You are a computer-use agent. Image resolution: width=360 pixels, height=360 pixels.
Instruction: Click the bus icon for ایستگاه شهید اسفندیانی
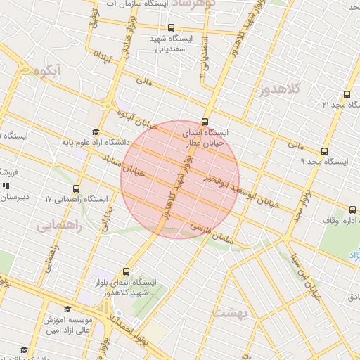[162, 39]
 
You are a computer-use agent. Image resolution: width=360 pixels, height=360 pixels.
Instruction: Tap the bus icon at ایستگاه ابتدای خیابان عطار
[205, 121]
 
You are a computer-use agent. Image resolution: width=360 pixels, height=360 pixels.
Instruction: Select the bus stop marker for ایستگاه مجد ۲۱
[346, 94]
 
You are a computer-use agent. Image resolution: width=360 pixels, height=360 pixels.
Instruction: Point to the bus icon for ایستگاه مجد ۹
[324, 151]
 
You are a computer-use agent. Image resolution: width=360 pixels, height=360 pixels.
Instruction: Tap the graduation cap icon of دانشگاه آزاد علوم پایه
[96, 132]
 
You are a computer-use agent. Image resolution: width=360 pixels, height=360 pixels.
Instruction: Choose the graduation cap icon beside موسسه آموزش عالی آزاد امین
[67, 309]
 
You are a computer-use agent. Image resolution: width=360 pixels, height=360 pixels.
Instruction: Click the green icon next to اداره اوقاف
[352, 209]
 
